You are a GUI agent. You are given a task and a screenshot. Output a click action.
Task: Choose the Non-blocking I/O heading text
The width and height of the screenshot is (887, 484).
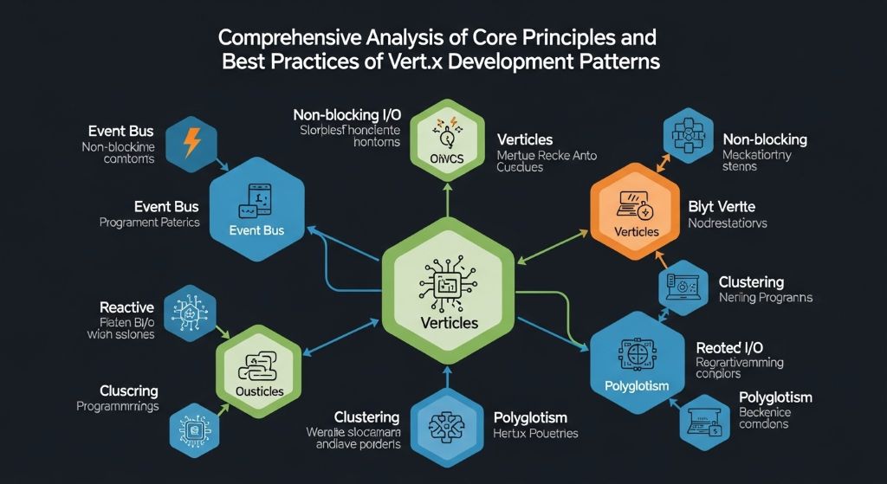(347, 115)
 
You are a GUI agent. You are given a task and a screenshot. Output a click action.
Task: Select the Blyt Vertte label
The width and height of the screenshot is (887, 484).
(721, 206)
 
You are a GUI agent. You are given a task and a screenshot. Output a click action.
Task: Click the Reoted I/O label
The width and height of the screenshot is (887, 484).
(729, 347)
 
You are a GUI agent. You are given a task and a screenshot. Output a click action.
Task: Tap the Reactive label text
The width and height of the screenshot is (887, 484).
(126, 307)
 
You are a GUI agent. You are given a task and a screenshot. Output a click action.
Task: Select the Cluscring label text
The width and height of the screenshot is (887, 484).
(116, 390)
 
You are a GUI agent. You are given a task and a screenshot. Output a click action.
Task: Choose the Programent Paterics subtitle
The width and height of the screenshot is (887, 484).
(149, 223)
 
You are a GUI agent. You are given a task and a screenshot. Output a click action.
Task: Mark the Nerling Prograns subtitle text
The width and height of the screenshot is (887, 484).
(765, 298)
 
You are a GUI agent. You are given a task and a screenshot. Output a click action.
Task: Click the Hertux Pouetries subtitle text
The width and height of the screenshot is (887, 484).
(534, 433)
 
